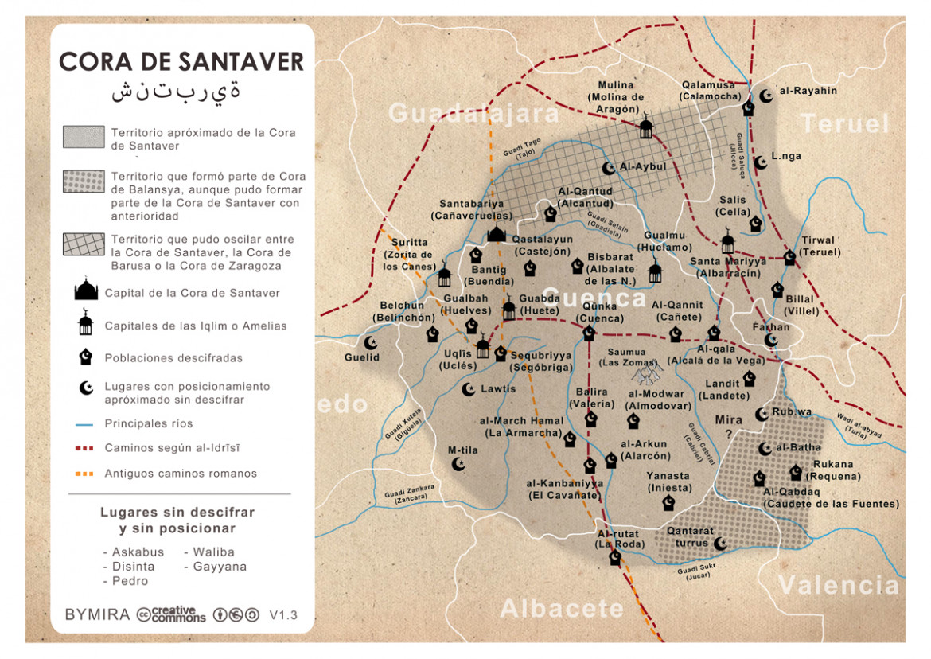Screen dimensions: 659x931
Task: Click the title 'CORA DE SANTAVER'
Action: pos(181,61)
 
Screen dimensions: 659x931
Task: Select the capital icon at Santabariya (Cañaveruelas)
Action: pos(497,232)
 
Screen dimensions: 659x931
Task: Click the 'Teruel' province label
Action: pos(844,124)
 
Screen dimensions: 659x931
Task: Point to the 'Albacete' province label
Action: pos(562,609)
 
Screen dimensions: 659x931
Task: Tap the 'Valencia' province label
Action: pos(839,585)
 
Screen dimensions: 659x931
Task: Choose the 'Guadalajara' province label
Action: pos(473,114)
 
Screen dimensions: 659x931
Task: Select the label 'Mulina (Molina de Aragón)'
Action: pos(616,97)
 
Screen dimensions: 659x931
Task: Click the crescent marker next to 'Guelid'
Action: pos(370,342)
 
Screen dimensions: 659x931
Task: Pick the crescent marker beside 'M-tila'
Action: pos(458,463)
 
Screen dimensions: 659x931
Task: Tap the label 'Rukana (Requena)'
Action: pos(832,470)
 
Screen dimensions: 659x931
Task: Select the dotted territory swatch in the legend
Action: pos(83,181)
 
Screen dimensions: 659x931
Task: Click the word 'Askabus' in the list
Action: pos(138,552)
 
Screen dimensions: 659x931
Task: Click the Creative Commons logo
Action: pos(171,614)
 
